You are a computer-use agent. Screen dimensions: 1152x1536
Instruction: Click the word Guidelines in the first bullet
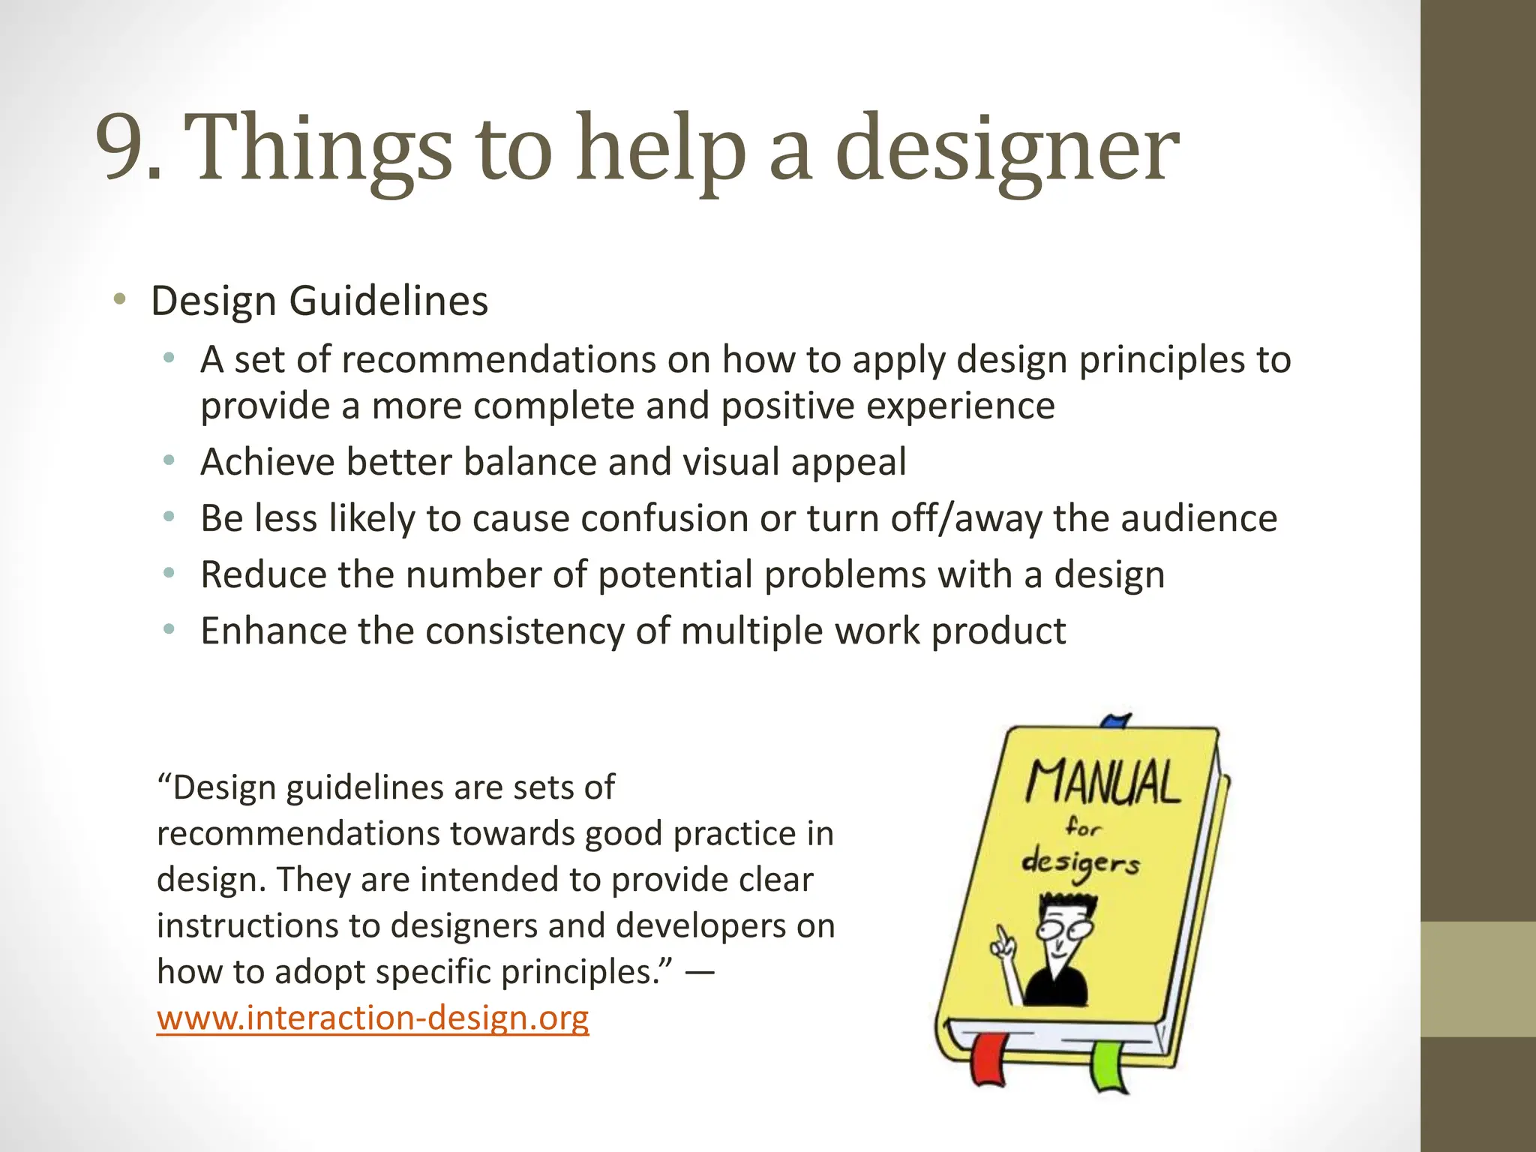tap(388, 301)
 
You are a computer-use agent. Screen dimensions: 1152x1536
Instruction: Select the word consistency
tap(524, 631)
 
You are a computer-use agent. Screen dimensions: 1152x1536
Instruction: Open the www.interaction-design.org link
tap(373, 1018)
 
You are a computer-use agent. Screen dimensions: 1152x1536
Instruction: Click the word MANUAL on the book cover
tap(1102, 784)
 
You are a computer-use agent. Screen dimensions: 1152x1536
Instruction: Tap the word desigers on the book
tap(1080, 864)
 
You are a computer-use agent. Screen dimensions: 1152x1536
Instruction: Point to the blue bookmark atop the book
tap(1116, 721)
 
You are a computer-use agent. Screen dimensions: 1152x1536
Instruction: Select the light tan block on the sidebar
tap(1477, 979)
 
